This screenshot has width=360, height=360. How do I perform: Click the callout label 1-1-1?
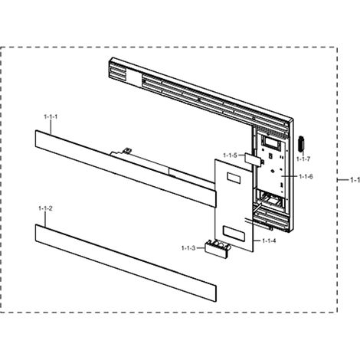click(51, 117)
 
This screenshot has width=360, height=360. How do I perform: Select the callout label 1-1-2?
click(45, 208)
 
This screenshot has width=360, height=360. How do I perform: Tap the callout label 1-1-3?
click(188, 248)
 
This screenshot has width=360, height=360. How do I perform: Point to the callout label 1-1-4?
click(269, 241)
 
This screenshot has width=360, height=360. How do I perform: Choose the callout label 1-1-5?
click(230, 155)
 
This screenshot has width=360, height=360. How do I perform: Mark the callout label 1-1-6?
click(306, 176)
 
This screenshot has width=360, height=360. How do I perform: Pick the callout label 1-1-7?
click(303, 159)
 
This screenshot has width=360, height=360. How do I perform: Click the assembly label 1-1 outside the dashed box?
click(355, 180)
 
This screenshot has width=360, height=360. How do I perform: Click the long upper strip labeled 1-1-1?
click(125, 169)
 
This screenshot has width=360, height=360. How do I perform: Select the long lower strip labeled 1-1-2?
click(126, 263)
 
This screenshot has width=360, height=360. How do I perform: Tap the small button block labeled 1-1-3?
click(217, 248)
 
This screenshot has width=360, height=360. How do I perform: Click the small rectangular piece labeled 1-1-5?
click(252, 158)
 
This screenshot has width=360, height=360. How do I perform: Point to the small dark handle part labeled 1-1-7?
click(301, 144)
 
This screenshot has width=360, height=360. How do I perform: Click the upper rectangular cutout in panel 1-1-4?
click(234, 178)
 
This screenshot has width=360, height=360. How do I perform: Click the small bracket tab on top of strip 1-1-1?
click(127, 150)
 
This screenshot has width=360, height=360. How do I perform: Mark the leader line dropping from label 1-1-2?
click(45, 219)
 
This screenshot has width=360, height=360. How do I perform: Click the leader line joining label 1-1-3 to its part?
click(200, 248)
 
